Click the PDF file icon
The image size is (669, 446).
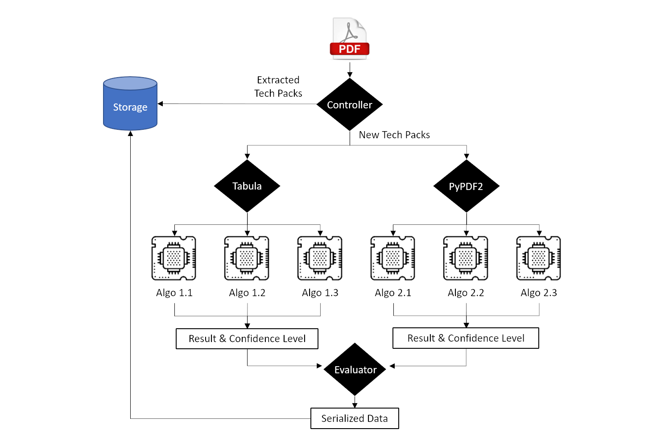coord(350,38)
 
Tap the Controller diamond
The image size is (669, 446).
coord(350,105)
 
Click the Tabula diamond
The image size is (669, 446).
coord(247,186)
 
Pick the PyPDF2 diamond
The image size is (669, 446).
coord(466,186)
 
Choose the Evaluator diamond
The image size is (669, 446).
coord(355,369)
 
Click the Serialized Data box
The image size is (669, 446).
coord(355,418)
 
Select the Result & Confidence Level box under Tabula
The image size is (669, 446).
coord(247,339)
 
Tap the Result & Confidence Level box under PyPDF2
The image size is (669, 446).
coord(466,338)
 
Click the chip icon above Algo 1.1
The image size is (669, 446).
coord(174,258)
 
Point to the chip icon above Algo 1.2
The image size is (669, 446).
coord(247,258)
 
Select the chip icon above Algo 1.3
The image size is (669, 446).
coord(320,258)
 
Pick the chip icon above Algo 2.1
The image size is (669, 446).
coord(393,258)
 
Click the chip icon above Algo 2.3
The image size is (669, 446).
coord(539,258)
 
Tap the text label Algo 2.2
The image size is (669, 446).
coord(466,293)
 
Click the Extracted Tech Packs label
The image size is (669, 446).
coord(278,87)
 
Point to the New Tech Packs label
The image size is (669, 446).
coord(394,135)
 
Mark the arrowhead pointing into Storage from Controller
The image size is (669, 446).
coord(161,104)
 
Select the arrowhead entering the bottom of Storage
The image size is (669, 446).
coord(130,133)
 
